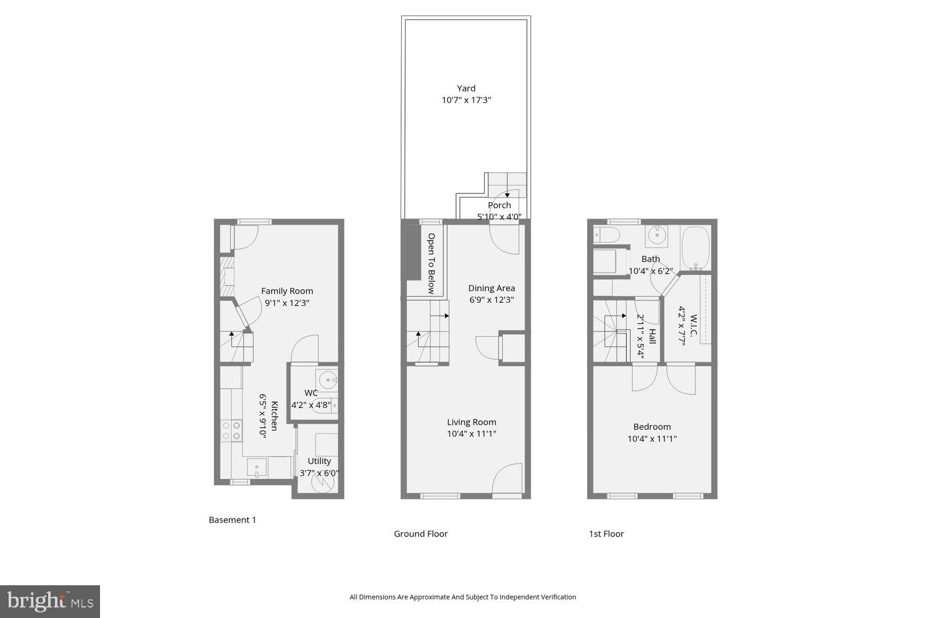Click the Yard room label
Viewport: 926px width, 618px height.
[x=466, y=88]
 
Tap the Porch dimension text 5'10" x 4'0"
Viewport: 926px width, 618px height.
[x=499, y=217]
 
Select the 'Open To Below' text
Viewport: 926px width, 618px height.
[x=432, y=263]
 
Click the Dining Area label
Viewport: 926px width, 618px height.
[x=491, y=288]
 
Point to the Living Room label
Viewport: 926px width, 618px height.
[x=472, y=422]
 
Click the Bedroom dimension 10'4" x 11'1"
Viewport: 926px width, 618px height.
[x=652, y=439]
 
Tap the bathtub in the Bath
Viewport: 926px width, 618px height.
[x=696, y=247]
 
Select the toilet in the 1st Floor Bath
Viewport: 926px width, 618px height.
[x=606, y=235]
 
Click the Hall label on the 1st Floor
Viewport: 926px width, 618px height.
[x=652, y=336]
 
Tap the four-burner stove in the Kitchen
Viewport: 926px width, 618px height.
[x=231, y=430]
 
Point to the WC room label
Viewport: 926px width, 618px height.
[x=311, y=393]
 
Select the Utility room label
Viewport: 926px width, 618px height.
[x=319, y=461]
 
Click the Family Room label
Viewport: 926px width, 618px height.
[x=287, y=291]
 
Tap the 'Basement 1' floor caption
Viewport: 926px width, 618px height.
[x=232, y=520]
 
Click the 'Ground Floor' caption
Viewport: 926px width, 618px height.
[x=420, y=534]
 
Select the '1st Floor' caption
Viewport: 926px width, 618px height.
[x=606, y=534]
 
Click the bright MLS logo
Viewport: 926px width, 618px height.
[x=50, y=601]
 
